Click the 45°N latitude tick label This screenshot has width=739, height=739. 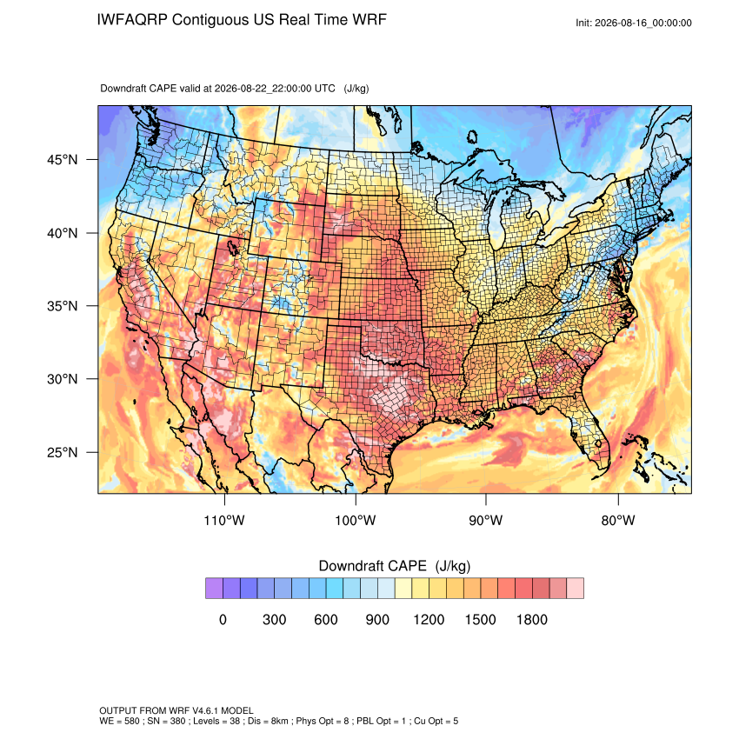coord(63,160)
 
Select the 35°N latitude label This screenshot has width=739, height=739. coord(63,306)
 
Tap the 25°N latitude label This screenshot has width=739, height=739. coord(63,452)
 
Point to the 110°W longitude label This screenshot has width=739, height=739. coord(224,520)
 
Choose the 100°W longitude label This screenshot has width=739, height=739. coord(356,520)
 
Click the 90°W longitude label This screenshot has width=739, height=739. coord(486,520)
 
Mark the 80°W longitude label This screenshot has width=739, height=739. coord(618,520)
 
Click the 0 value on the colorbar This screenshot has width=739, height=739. coord(223,619)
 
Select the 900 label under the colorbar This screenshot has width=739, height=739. coord(377,619)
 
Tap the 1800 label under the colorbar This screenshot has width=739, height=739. coord(532,619)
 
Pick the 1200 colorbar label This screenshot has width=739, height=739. coord(429,619)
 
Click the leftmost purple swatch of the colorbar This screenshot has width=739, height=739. coord(214,589)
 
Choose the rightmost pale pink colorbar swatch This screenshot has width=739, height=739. coord(575,589)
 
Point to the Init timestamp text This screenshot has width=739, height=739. coord(634,23)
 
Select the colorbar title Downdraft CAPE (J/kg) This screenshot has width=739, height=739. coord(395,566)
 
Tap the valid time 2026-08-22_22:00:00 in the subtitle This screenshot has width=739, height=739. coord(275,88)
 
